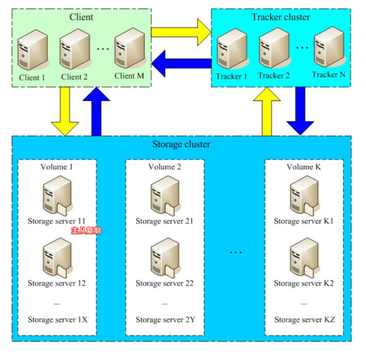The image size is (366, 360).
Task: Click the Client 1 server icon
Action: (32, 50)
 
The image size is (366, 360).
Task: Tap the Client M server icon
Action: (128, 49)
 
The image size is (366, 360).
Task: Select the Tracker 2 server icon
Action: (273, 49)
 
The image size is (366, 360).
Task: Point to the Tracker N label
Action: (328, 74)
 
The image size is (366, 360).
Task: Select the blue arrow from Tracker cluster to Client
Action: (182, 63)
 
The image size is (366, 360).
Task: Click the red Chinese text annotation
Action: (86, 231)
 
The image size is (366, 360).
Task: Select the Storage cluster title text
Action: (181, 144)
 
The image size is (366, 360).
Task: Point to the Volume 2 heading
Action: (165, 167)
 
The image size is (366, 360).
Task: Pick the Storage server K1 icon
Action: (303, 195)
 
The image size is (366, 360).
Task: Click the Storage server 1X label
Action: (57, 319)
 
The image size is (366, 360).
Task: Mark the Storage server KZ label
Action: (304, 319)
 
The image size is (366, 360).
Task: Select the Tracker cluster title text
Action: (281, 17)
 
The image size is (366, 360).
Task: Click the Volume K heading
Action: (304, 167)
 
